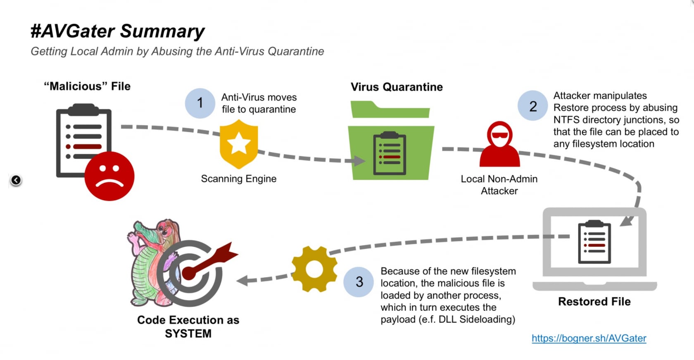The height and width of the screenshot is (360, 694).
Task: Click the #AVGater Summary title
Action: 117,31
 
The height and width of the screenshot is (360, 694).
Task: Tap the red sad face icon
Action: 109,176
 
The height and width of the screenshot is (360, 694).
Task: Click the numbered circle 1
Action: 200,103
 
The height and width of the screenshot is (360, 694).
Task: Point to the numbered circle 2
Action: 533,106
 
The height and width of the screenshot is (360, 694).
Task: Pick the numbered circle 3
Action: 359,281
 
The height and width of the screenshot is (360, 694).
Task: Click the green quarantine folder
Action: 391,143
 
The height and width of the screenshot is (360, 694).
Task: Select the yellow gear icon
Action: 314,269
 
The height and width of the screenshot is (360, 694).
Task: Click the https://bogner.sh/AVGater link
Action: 589,338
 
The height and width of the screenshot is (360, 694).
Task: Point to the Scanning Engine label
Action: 239,179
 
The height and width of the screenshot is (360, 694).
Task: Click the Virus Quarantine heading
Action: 397,87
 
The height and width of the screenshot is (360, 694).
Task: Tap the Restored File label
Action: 594,301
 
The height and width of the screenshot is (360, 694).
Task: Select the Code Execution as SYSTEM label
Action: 188,327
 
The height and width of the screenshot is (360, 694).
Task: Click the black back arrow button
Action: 16,180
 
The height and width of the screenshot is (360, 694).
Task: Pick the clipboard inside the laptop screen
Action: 594,242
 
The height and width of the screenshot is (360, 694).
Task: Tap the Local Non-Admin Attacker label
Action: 499,185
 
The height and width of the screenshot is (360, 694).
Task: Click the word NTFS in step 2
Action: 566,120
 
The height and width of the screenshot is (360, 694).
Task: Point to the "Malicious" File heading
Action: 87,86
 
